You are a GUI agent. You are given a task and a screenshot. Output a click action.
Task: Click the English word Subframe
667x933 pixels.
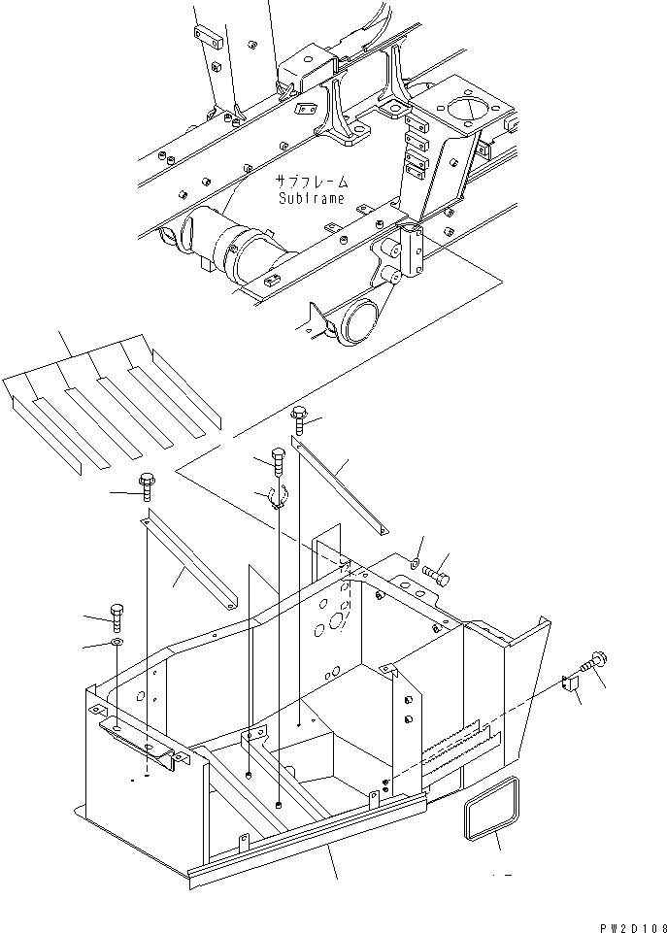311,198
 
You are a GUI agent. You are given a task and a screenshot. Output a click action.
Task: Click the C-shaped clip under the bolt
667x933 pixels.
275,499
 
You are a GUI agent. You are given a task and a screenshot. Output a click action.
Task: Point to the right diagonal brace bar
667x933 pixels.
342,486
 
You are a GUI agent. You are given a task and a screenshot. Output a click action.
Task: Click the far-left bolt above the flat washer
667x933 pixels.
117,616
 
